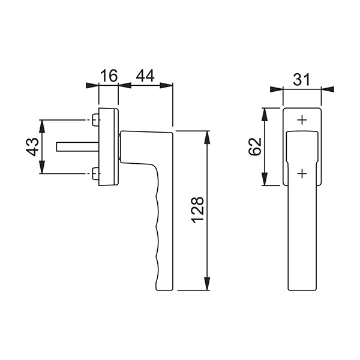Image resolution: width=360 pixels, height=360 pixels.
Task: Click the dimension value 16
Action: coord(109,76)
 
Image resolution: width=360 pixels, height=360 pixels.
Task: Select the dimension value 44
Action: coord(145,76)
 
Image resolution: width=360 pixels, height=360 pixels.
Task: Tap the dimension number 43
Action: coord(32,147)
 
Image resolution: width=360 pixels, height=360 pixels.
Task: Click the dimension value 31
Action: coord(301,79)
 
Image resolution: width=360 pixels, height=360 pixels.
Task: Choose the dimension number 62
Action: coord(255,146)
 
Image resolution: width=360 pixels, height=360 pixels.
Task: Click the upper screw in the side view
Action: coord(95,120)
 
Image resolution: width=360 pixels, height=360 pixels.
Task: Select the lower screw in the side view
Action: coord(95,173)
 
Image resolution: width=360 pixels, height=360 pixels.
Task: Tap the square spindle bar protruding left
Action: coord(77,147)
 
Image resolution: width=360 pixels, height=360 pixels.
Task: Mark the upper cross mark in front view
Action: coord(302,120)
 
